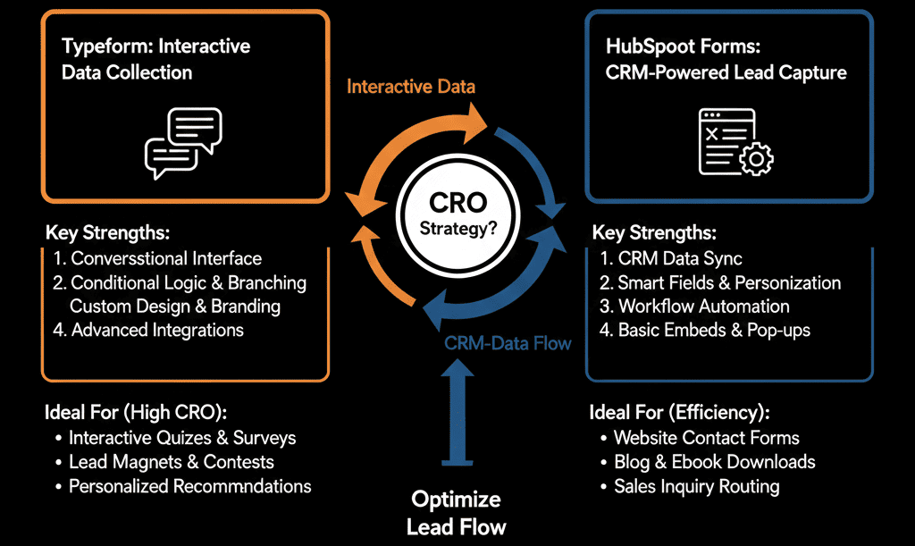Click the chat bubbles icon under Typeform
click(x=183, y=143)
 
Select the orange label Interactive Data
click(x=411, y=87)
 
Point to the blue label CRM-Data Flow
click(x=508, y=342)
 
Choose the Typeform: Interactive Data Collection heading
click(x=156, y=59)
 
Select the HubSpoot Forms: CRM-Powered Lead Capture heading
click(x=726, y=59)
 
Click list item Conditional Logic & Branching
click(x=180, y=283)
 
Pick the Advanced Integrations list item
click(x=148, y=330)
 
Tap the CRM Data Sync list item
click(x=671, y=259)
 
